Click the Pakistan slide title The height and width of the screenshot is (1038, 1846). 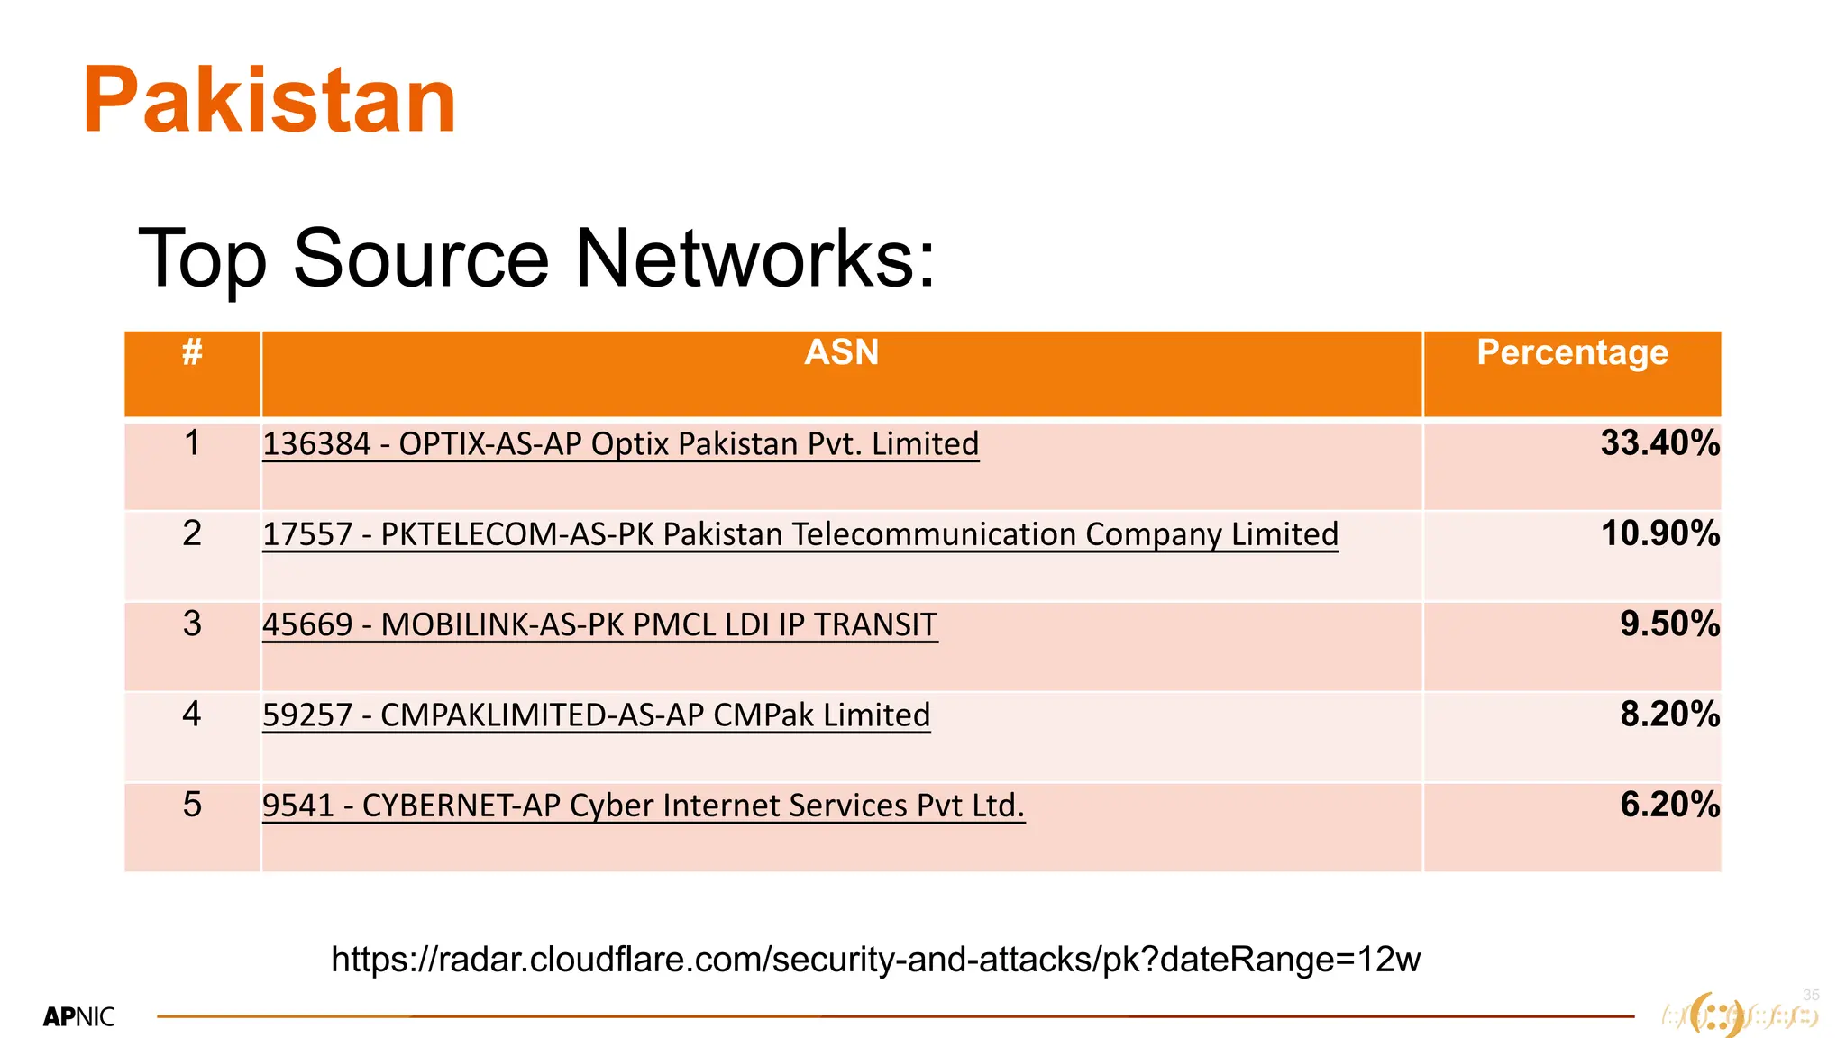[x=270, y=101]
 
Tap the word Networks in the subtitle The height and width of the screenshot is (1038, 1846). [x=755, y=259]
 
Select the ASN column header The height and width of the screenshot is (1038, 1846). [x=841, y=352]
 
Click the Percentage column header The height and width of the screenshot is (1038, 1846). [x=1572, y=352]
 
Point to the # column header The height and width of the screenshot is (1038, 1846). [x=192, y=352]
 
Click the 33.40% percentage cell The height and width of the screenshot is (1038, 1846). [x=1659, y=443]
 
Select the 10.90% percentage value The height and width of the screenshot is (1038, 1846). [x=1659, y=533]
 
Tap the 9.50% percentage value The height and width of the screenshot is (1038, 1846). [x=1669, y=624]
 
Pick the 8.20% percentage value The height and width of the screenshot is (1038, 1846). [x=1669, y=714]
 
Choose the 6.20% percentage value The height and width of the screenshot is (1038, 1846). [x=1669, y=804]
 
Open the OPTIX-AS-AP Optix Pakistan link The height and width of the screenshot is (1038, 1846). [x=620, y=444]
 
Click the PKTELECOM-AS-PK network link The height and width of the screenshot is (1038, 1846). [x=800, y=534]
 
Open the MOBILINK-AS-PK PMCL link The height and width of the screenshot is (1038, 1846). [x=599, y=624]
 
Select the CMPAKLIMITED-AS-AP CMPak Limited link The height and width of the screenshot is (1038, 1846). [x=596, y=715]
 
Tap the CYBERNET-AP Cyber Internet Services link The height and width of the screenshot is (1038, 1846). [x=644, y=805]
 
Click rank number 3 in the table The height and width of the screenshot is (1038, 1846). [x=192, y=624]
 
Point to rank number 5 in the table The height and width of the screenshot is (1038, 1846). [x=192, y=804]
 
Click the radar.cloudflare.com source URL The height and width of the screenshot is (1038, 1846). [x=875, y=960]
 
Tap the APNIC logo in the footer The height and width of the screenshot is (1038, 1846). [x=79, y=1017]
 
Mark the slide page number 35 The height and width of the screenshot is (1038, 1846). [x=1811, y=995]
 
